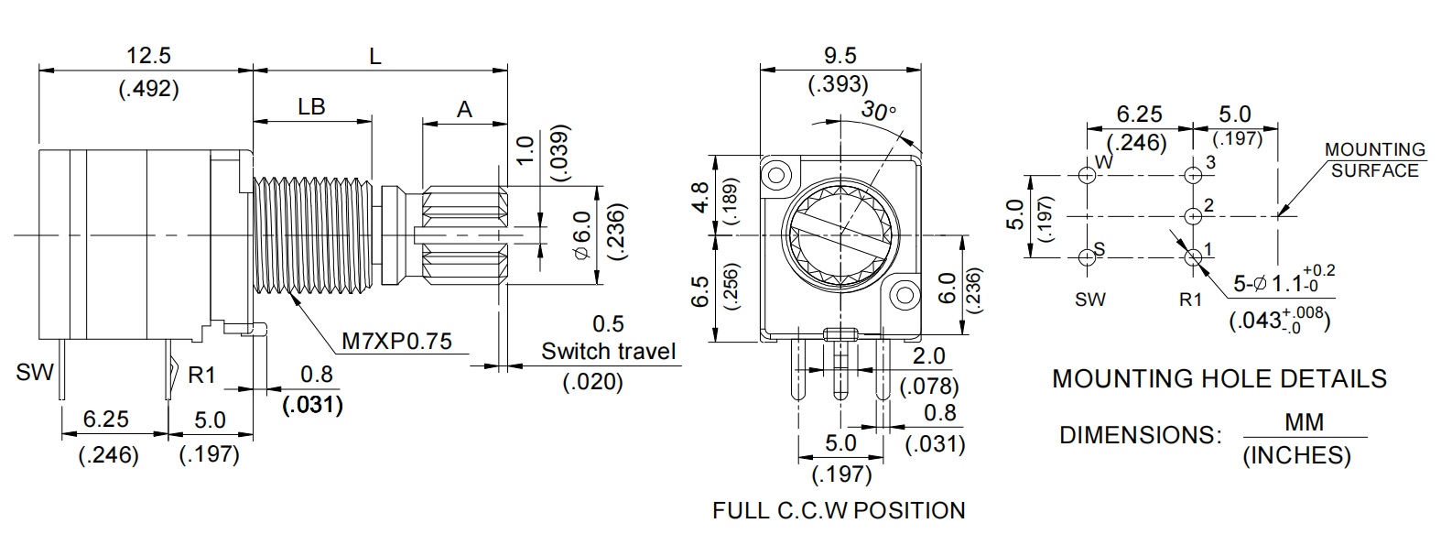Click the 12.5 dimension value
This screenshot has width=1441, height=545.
148,56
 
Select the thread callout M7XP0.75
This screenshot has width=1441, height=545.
396,342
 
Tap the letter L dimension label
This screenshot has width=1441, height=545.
375,57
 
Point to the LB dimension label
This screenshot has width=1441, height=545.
311,107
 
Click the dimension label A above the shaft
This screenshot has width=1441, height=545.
464,110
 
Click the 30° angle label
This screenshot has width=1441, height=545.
878,112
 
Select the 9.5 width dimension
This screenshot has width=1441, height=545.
840,56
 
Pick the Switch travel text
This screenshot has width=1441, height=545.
608,352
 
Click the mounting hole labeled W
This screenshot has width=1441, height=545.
1087,175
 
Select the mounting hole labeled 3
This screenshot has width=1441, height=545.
1193,175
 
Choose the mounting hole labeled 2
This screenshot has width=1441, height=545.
1193,216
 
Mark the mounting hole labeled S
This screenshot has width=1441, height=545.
1087,257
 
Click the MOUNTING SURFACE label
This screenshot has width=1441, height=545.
1374,159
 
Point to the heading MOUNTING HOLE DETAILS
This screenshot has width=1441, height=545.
1219,378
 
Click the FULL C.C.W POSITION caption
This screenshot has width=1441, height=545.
839,510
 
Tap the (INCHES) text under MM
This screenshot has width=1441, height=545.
1296,455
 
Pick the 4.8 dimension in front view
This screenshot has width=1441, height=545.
700,198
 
